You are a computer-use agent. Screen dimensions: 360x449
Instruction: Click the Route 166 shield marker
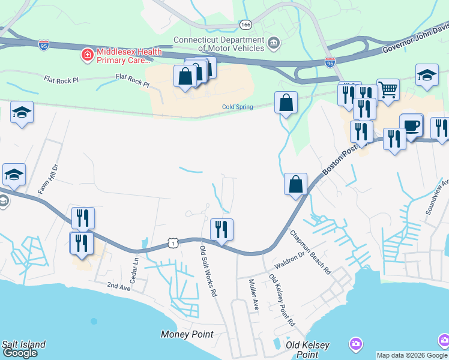pyautogui.click(x=245, y=25)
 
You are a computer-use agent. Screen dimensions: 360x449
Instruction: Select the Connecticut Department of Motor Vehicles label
pyautogui.click(x=218, y=44)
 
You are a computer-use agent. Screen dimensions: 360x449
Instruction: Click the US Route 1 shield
pyautogui.click(x=173, y=242)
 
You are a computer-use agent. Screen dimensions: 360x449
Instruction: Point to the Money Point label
pyautogui.click(x=187, y=334)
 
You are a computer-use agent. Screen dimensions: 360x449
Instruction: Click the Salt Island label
pyautogui.click(x=23, y=344)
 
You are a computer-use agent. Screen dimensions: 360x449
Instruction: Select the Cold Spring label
pyautogui.click(x=237, y=107)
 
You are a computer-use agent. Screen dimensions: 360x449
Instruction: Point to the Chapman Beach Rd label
pyautogui.click(x=310, y=252)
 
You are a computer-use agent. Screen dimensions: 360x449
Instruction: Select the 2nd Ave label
pyautogui.click(x=118, y=287)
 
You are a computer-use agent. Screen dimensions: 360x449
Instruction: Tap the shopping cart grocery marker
pyautogui.click(x=388, y=91)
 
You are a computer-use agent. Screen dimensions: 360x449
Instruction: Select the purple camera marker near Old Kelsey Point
pyautogui.click(x=356, y=344)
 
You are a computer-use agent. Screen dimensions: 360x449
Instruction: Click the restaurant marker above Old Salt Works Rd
pyautogui.click(x=221, y=229)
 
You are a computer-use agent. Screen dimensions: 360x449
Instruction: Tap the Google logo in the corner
pyautogui.click(x=20, y=353)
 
